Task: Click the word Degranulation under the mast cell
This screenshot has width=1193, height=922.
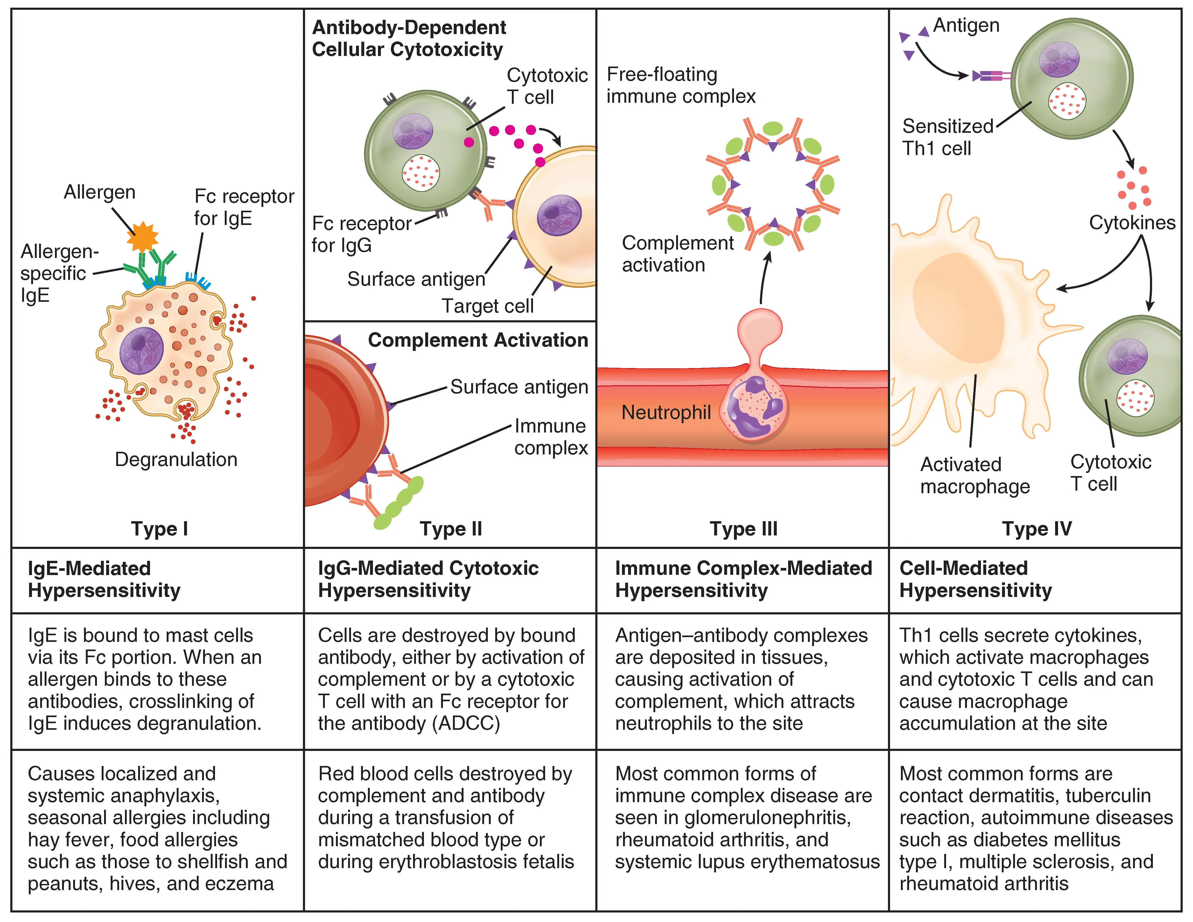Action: tap(176, 459)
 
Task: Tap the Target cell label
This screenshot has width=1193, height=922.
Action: tap(487, 306)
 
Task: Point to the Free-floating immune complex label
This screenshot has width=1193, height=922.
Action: tap(681, 85)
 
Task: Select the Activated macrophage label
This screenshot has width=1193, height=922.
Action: tap(975, 475)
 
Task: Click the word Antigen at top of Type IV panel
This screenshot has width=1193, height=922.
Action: tap(966, 25)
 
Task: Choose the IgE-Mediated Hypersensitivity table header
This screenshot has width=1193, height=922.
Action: tap(104, 579)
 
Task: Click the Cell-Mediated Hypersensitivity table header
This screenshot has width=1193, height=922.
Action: tap(975, 579)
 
